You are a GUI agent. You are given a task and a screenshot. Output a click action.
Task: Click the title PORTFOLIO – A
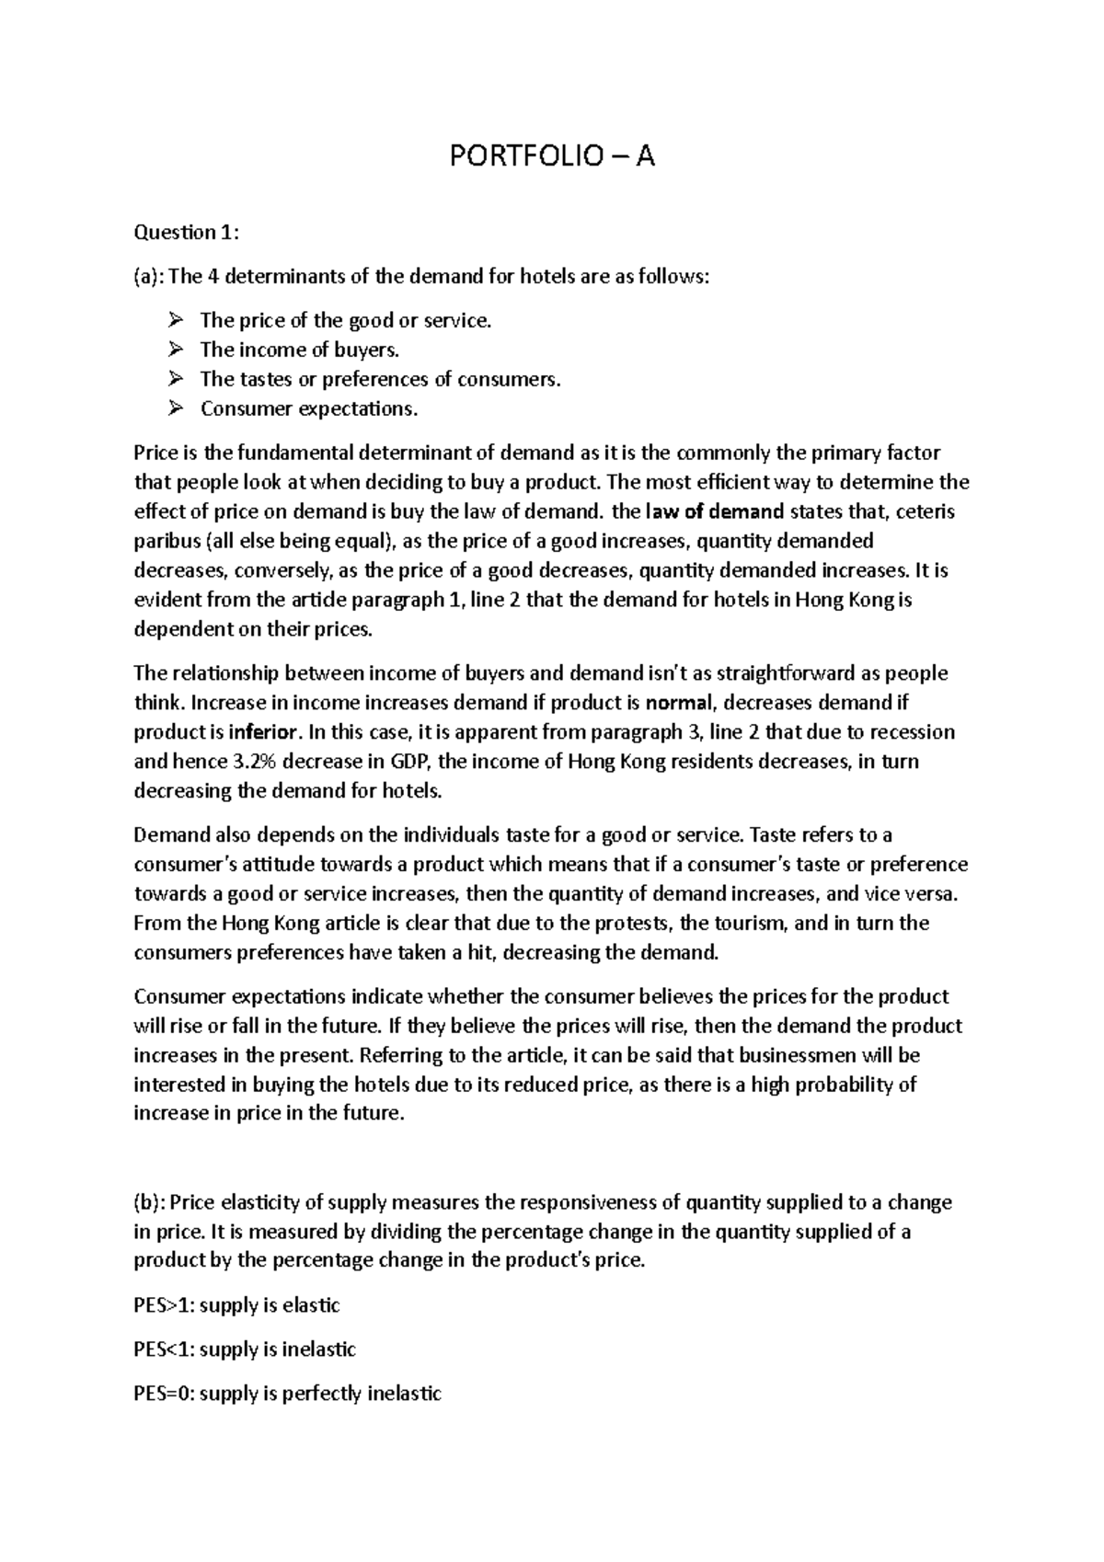(x=551, y=157)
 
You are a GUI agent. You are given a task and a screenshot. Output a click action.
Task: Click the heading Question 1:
(x=186, y=233)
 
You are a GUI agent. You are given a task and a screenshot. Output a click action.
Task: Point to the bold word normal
(x=679, y=704)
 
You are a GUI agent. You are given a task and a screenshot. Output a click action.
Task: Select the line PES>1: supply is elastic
(x=236, y=1305)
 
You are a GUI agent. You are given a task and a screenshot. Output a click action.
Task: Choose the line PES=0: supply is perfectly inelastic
(x=287, y=1394)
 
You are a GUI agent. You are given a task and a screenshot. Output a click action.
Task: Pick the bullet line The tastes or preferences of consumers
(x=379, y=379)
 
